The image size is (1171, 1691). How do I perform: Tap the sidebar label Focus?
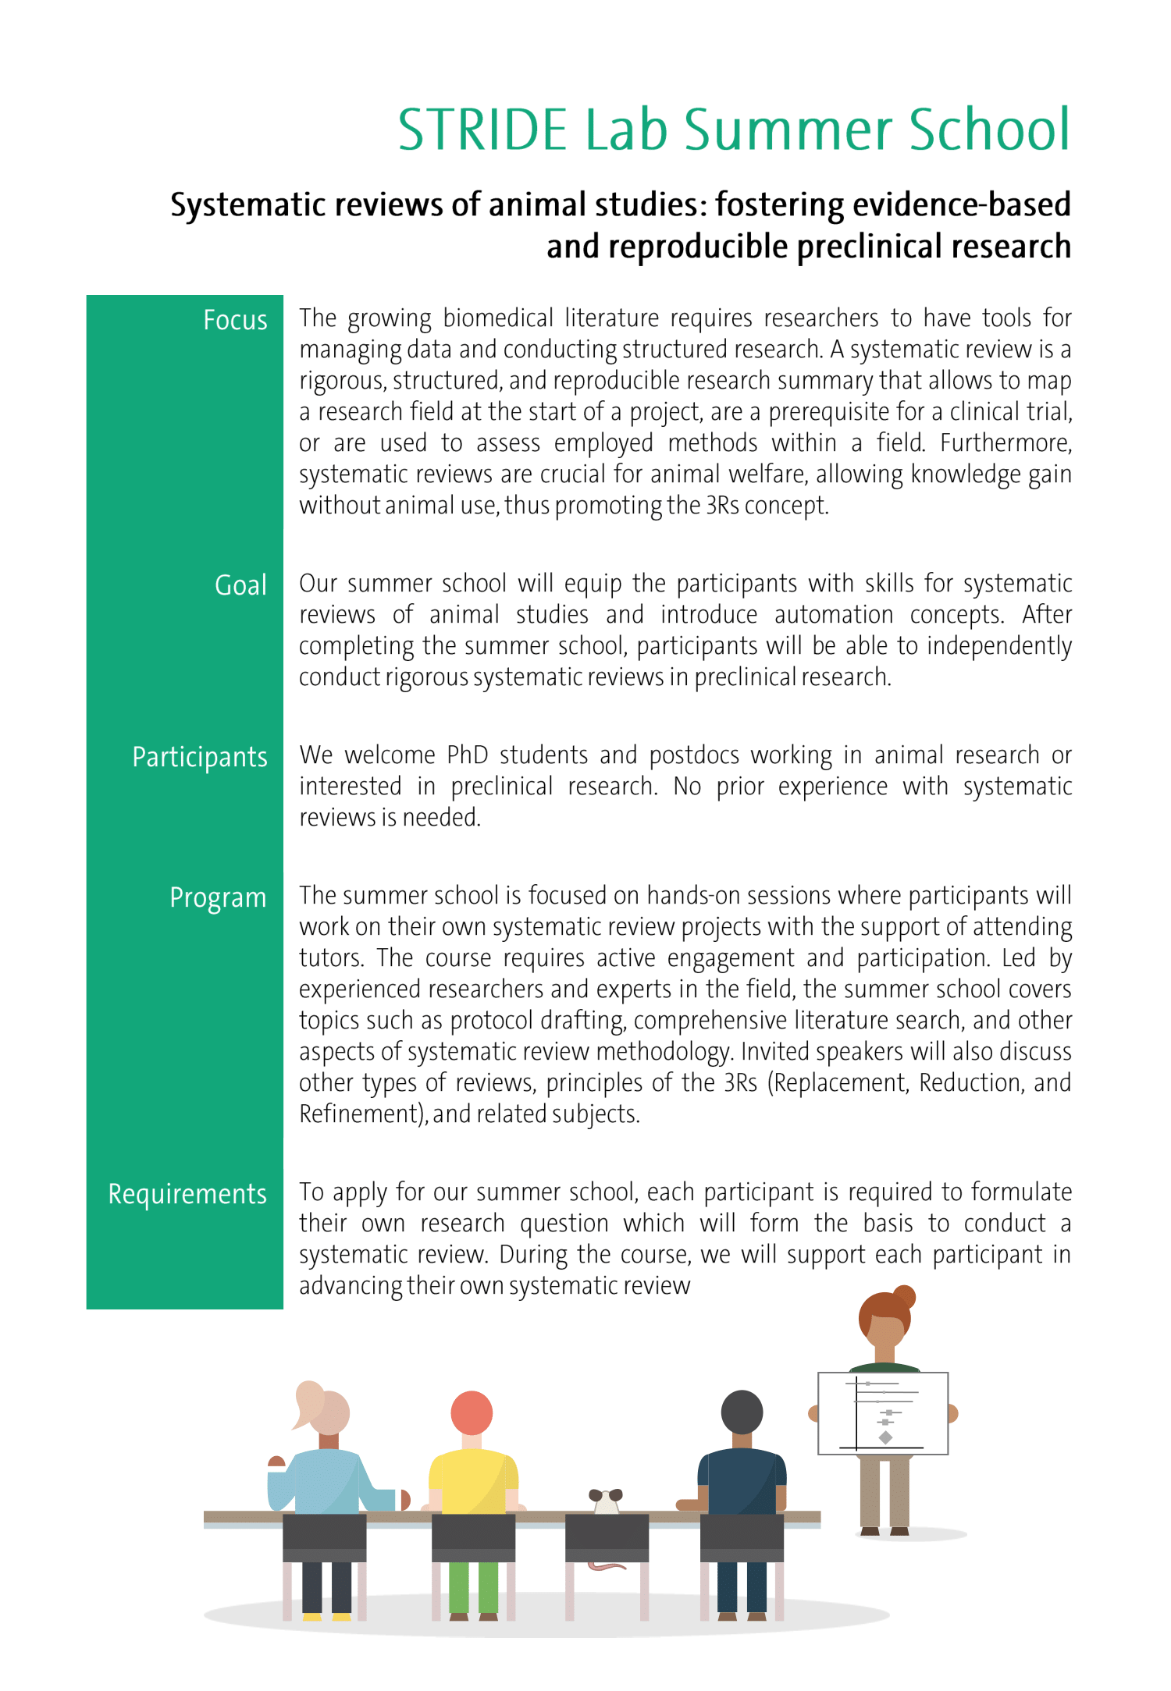(235, 320)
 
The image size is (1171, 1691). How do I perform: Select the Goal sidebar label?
(240, 585)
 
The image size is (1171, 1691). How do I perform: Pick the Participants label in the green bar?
(200, 757)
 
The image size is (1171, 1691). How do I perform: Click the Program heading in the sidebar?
(218, 897)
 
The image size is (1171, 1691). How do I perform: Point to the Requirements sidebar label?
(187, 1194)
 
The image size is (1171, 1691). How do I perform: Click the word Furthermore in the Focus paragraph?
(1005, 443)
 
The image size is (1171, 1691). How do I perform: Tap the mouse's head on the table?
(606, 1499)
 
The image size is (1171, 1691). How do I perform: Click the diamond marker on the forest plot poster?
(885, 1437)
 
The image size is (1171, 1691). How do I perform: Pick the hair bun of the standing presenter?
(904, 1296)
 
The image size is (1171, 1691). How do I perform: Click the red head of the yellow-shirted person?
(472, 1412)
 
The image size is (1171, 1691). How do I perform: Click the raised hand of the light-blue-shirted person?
(276, 1462)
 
